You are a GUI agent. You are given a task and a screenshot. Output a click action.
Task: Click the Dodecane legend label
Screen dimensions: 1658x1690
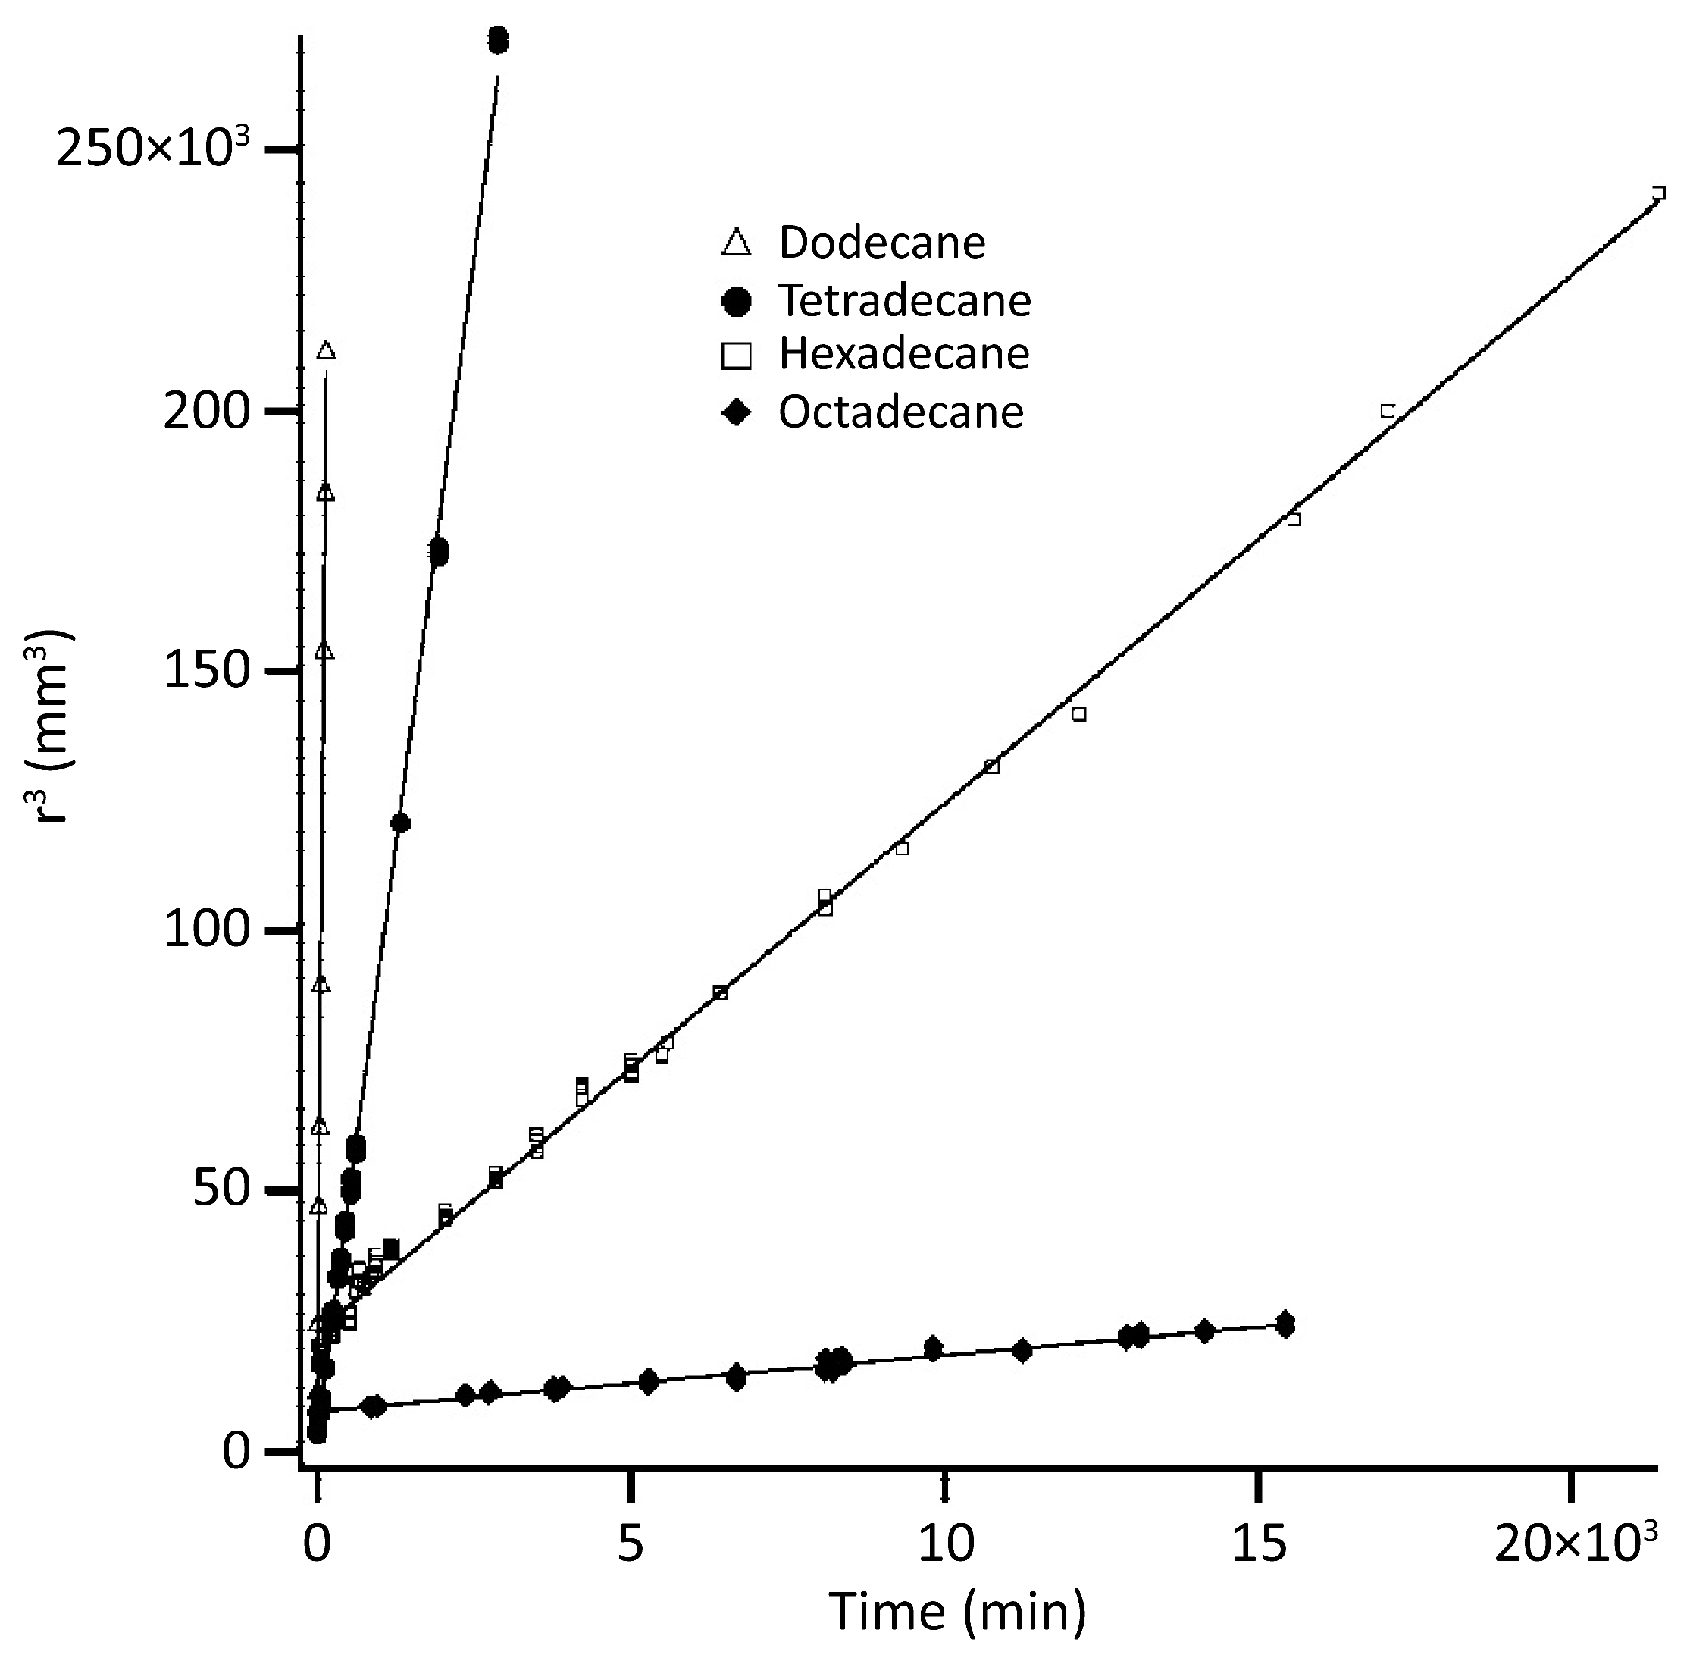pos(881,243)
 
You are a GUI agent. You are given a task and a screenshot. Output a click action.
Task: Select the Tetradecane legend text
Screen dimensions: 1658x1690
pos(904,301)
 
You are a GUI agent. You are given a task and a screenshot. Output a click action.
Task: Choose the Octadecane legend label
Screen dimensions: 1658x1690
pos(900,412)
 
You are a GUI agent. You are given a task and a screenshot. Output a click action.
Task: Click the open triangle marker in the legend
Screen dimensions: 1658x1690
pos(737,243)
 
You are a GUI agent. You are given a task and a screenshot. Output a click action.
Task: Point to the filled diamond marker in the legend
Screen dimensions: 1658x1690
pos(737,412)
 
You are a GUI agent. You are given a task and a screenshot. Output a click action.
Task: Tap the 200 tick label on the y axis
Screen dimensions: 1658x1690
pos(207,411)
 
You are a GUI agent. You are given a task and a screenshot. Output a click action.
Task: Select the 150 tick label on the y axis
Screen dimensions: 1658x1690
pos(207,672)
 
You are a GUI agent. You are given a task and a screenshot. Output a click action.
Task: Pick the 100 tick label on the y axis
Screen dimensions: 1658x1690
pos(207,931)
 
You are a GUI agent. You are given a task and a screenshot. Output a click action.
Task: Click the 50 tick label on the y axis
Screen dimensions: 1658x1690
pos(222,1191)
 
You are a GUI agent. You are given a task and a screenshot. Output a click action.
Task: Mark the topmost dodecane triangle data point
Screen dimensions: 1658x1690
pos(327,351)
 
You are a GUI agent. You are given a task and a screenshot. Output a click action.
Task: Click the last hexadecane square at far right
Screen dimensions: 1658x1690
pos(1659,193)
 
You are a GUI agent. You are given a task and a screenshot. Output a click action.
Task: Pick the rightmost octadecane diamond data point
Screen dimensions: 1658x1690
pos(1285,1324)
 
